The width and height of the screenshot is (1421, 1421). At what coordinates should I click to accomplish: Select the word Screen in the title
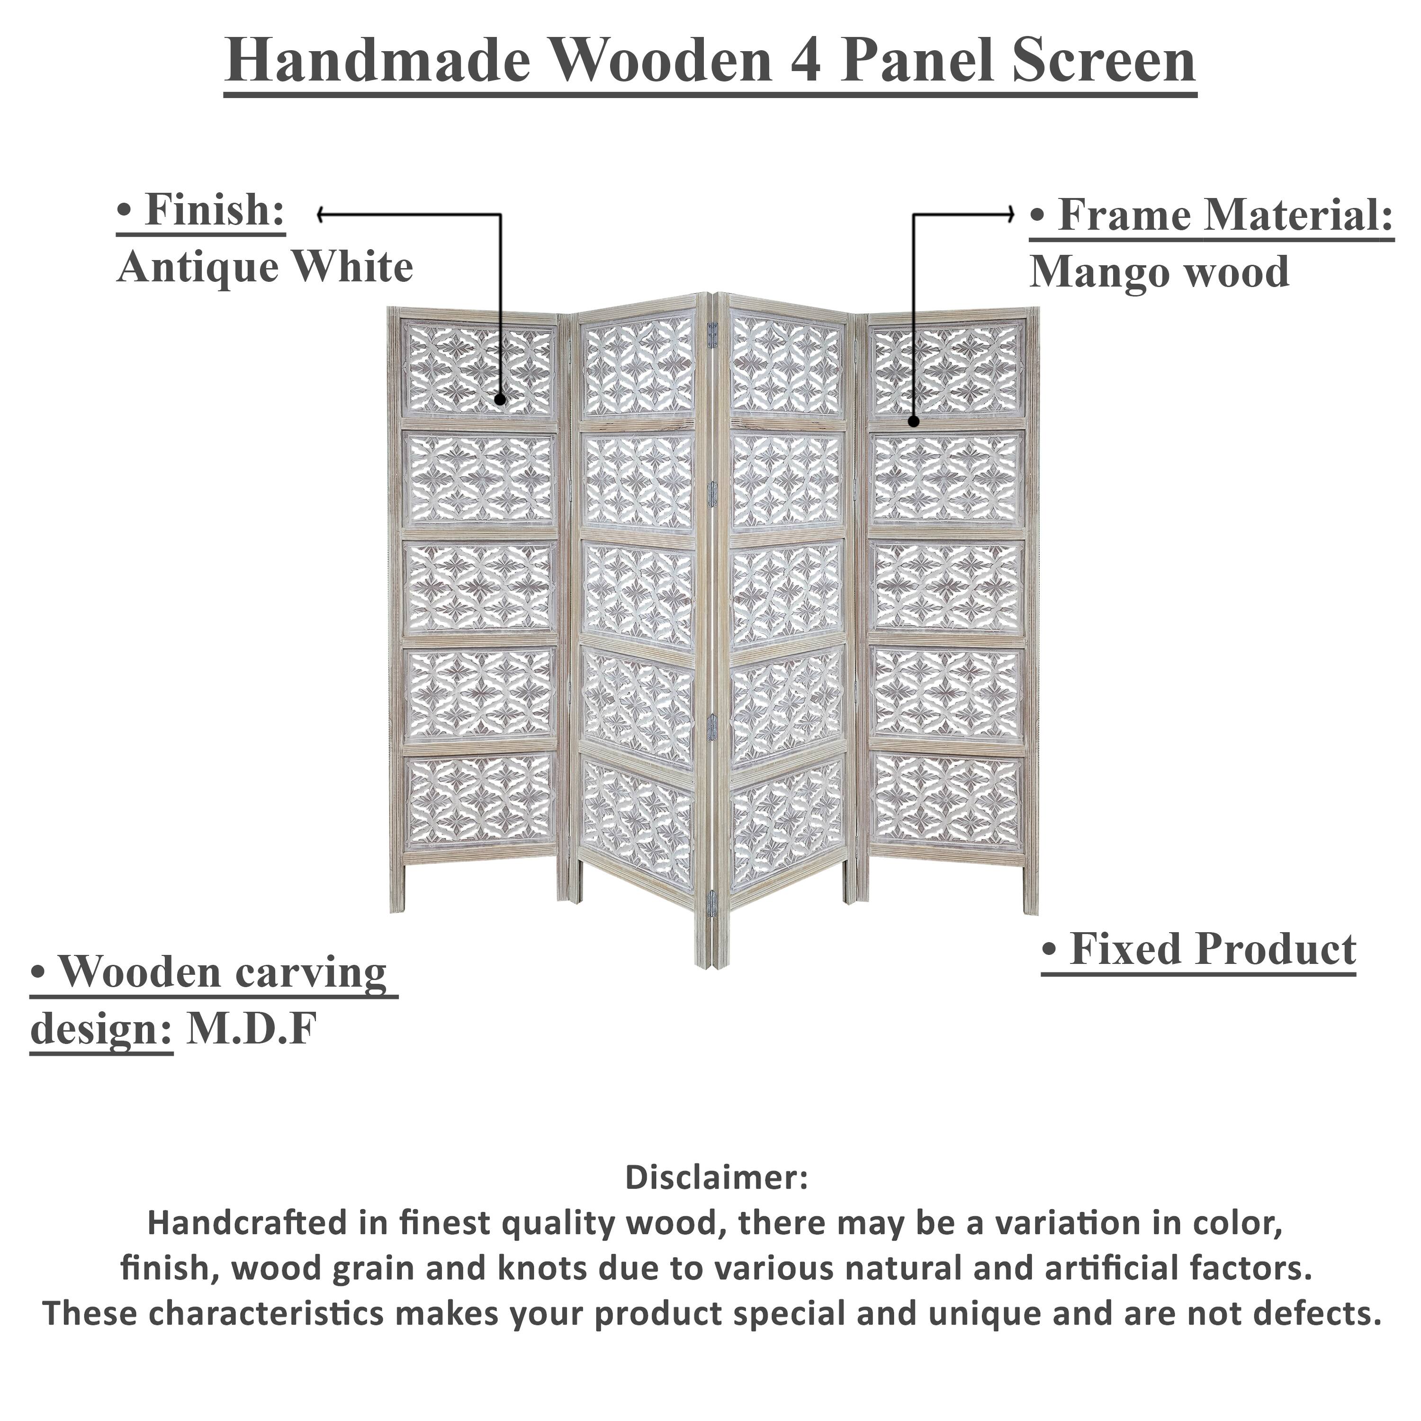coord(1103,62)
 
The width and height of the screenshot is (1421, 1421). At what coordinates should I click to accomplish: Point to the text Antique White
coord(265,268)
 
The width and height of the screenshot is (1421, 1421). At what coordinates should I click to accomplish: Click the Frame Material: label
coord(1211,216)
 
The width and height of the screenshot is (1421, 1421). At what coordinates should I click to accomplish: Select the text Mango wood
coord(1159,273)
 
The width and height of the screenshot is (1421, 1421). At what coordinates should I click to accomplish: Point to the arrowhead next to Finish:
coord(322,215)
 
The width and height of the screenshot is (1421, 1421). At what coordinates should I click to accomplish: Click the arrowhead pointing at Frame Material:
coord(1011,215)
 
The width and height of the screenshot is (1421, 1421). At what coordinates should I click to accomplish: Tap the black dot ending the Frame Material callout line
coord(914,422)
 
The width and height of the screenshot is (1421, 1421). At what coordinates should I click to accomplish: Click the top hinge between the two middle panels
coord(712,335)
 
